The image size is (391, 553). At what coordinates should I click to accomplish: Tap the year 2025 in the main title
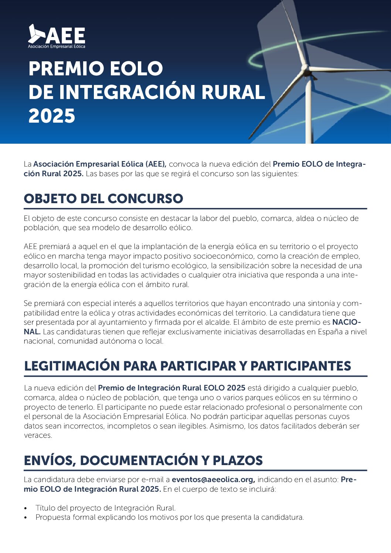coord(52,116)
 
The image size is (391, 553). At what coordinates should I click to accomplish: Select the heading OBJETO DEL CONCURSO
coord(103,199)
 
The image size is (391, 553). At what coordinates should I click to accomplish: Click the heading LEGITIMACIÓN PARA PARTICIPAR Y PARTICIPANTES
coord(187,366)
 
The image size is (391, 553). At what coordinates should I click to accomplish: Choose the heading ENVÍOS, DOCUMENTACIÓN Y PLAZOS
coord(143,461)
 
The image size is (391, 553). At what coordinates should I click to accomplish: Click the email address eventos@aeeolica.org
coord(213,480)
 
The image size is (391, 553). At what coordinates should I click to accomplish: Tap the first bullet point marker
coord(25,509)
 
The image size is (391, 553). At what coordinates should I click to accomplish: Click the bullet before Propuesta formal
coord(25,518)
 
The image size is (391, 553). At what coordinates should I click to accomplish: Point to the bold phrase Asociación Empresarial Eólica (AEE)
coord(100,164)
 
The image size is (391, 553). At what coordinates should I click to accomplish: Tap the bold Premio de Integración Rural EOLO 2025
coord(171,388)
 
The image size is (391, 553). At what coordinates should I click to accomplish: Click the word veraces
coord(38,435)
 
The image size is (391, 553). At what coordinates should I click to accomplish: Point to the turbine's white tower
coord(308,111)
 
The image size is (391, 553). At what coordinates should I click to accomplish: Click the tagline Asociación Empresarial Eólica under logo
coord(57,47)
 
